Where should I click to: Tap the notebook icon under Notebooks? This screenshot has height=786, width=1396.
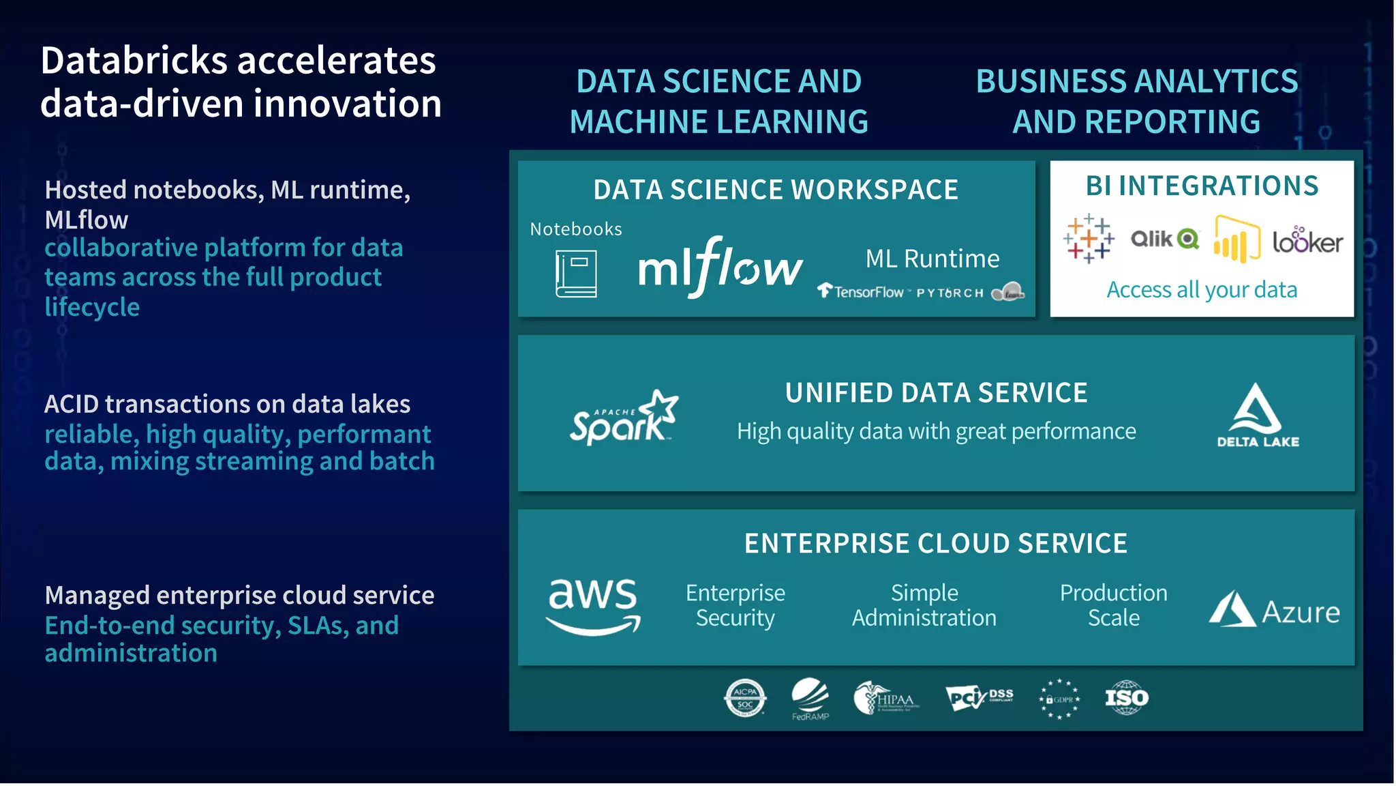point(576,274)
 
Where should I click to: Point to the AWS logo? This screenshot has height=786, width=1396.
point(593,607)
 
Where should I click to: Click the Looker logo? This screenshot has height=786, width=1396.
point(1307,241)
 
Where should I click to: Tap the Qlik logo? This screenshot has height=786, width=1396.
point(1164,239)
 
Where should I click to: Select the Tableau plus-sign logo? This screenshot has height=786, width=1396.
point(1089,239)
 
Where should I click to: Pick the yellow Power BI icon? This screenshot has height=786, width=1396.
point(1236,239)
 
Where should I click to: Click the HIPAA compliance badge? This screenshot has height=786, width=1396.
point(886,698)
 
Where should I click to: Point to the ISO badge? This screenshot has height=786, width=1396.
point(1126,697)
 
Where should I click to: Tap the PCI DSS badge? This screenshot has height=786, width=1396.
point(979,697)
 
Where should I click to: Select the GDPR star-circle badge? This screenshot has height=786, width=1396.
point(1059,699)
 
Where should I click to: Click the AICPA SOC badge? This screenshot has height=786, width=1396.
point(744,697)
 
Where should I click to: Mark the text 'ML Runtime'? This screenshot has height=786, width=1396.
point(932,259)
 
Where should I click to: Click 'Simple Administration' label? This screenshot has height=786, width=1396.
point(924,605)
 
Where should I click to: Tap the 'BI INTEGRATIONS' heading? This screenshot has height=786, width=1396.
point(1202,186)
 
